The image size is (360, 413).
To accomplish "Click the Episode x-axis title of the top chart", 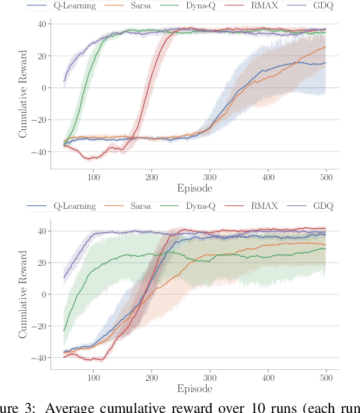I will click(x=195, y=189).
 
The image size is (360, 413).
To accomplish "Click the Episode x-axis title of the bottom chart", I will click(x=195, y=390).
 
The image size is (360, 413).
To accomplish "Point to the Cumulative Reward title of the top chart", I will click(x=23, y=95).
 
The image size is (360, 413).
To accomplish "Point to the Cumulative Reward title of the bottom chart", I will click(x=23, y=296).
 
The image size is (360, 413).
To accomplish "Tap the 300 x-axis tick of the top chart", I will click(x=210, y=178).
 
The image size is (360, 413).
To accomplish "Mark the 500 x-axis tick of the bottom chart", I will click(x=327, y=379).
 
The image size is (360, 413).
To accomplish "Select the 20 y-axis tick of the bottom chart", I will click(x=42, y=263).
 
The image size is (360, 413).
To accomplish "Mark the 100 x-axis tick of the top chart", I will click(x=93, y=178).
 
